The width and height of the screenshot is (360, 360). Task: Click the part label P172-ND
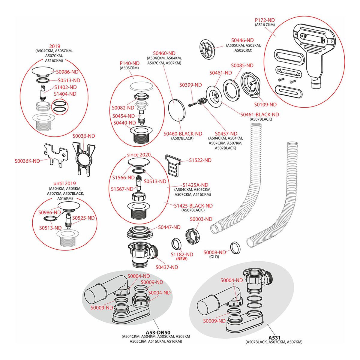coord(265,20)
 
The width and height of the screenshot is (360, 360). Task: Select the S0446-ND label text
coord(242,40)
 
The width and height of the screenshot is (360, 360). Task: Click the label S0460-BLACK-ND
coord(183,133)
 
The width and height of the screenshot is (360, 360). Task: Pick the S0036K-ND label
coord(27,161)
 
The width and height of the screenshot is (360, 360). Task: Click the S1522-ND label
coord(200,160)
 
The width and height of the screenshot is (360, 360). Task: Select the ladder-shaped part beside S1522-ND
coord(173,165)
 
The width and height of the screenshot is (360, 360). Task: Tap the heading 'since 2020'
coord(139,155)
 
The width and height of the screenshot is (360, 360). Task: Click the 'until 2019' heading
coord(64,183)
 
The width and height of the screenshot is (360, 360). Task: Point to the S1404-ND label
coord(65,94)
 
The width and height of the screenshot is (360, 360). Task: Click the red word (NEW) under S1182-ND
coord(182,259)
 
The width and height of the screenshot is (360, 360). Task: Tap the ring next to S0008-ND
coord(235,247)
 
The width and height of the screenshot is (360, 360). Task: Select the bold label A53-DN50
coord(158,332)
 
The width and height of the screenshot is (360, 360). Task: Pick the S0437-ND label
coord(167,267)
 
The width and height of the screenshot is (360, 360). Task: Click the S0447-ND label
coord(169,227)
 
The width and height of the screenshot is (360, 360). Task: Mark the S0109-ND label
coord(265,104)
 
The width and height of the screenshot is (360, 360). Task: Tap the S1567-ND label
coord(122,189)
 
